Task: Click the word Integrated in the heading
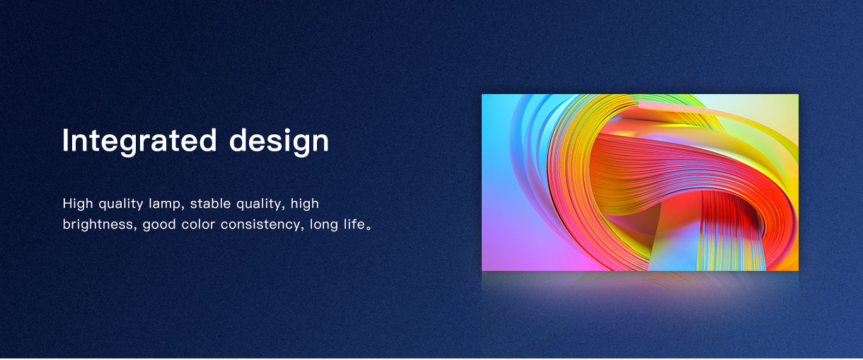coord(139,141)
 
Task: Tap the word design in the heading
coord(279,141)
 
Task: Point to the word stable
coord(210,203)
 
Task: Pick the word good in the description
coord(159,224)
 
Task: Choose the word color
coord(198,224)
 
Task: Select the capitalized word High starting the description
coord(78,204)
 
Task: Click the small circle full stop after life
coord(369,228)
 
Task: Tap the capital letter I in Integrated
coord(65,140)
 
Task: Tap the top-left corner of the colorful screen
coord(482,94)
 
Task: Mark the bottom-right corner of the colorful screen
coord(798,271)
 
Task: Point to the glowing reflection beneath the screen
coord(640,285)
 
